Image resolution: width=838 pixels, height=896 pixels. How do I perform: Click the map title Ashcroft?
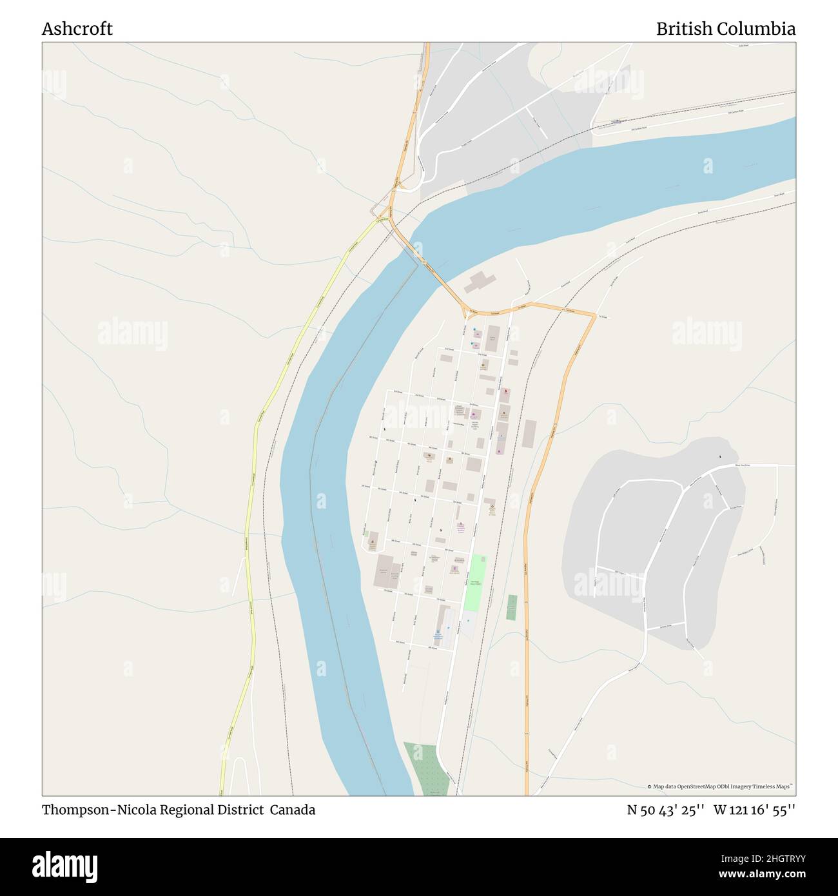[77, 29]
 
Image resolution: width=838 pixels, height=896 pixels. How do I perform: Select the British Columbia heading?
[725, 29]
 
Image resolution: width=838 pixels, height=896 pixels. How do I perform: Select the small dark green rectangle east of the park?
[511, 607]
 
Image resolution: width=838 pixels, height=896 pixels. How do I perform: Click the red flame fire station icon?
[505, 391]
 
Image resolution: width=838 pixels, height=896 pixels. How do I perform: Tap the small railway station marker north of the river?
[618, 121]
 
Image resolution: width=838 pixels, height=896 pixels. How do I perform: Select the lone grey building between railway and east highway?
[529, 433]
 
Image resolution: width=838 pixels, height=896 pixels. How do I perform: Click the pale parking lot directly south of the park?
[469, 625]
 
